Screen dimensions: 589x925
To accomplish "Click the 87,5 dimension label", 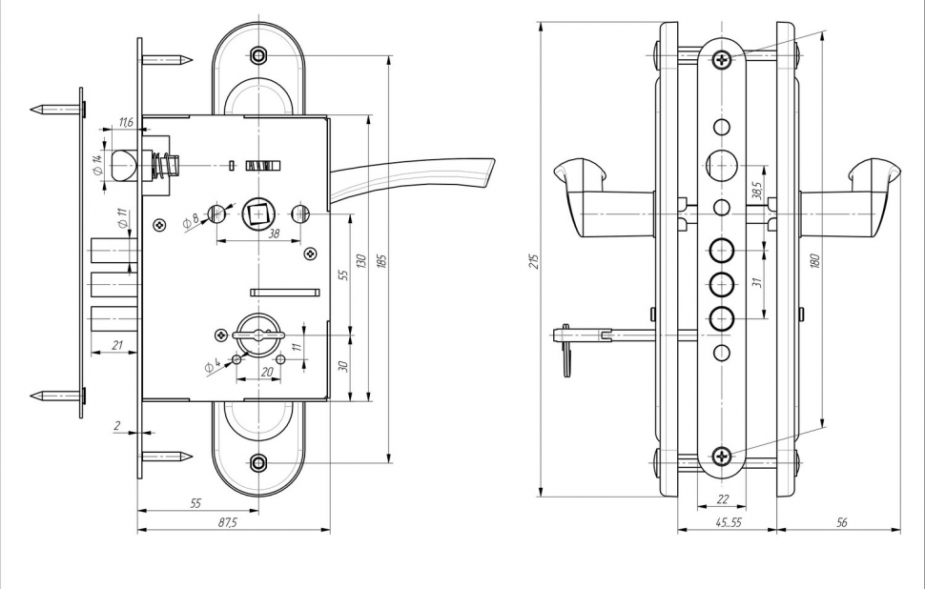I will coord(228,523).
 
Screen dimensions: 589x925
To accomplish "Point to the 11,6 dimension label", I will coord(126,123).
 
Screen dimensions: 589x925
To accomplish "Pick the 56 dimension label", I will coord(840,523).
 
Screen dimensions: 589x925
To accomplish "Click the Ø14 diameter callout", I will coord(97,164).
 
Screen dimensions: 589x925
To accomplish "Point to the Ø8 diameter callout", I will coord(190,220).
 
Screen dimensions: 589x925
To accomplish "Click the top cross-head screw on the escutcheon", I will coord(722,59).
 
